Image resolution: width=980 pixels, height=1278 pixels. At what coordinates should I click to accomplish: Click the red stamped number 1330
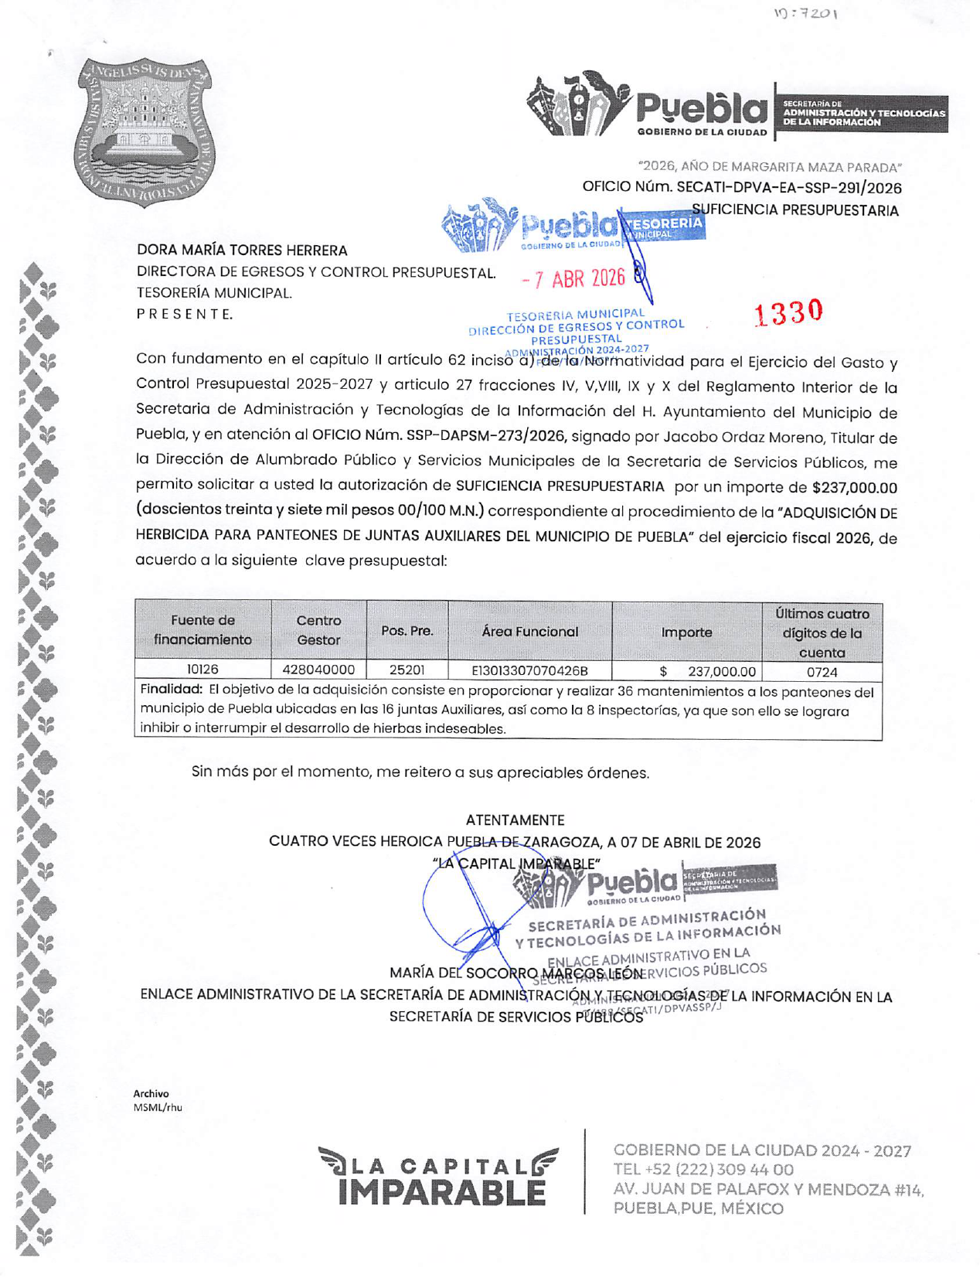[788, 312]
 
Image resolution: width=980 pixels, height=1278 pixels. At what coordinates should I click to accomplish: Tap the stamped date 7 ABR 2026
[573, 279]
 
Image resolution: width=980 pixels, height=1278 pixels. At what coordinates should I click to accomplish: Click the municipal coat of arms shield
[145, 132]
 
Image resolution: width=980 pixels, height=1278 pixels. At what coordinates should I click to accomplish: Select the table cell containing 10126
[202, 670]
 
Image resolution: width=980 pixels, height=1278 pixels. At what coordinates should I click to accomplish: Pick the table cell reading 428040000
[318, 670]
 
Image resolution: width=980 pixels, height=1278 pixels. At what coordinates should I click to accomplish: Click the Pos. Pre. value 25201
[407, 670]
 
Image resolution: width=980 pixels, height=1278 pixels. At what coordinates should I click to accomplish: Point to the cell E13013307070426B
[529, 670]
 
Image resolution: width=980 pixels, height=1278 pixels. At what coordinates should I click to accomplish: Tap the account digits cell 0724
[822, 672]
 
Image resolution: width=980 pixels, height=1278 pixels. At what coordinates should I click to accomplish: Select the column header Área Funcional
[529, 632]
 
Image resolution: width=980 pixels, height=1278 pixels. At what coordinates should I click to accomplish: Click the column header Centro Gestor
[318, 630]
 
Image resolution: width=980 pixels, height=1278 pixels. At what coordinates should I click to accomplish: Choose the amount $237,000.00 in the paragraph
[854, 487]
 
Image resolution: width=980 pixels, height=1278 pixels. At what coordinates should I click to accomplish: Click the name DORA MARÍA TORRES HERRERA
[242, 250]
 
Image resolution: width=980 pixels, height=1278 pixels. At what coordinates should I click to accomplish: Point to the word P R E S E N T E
[184, 314]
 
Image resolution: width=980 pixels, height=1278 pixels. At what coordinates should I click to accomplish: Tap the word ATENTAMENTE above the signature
[515, 820]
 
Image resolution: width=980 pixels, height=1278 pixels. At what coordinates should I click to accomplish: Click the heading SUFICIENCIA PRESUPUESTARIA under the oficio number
[795, 210]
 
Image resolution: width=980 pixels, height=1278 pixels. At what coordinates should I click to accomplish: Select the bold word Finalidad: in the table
[171, 689]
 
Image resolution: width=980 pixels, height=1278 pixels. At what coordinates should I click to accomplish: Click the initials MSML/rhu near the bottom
[158, 1107]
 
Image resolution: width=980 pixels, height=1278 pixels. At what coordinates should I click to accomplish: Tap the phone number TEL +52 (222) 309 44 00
[703, 1170]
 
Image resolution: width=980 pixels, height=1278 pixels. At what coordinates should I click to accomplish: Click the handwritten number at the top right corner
[805, 14]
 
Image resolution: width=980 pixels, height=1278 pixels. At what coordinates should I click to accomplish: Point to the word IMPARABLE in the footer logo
[441, 1192]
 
